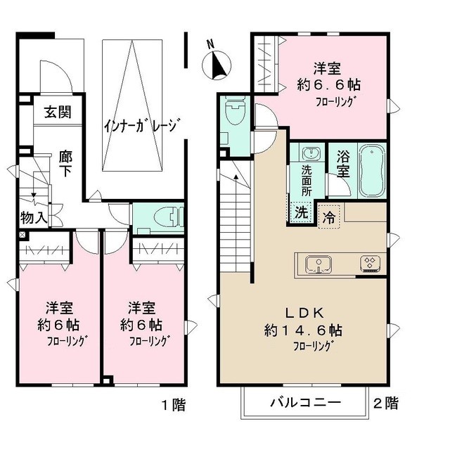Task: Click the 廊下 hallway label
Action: pos(65,162)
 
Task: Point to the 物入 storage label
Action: pos(33,217)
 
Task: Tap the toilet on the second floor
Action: pos(233,113)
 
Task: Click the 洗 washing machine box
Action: pos(300,211)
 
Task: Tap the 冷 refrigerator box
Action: pos(328,217)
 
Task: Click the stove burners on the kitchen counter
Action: pos(370,264)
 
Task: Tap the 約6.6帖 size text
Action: pos(328,84)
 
